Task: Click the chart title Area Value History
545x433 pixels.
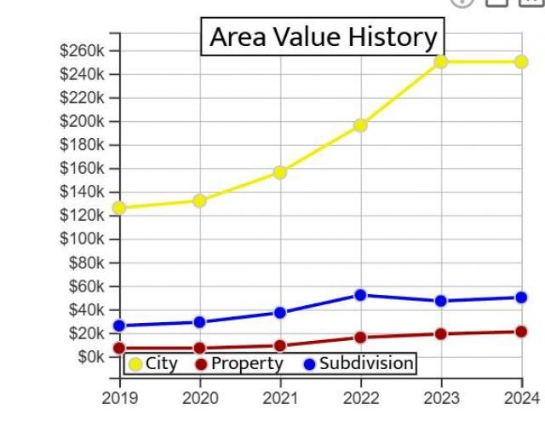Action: point(323,38)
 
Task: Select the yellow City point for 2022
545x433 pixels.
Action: point(360,125)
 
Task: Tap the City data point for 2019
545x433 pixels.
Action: point(119,207)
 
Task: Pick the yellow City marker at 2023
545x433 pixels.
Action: point(440,61)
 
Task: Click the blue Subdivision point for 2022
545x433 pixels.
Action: point(360,295)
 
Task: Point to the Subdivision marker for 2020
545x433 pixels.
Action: point(199,322)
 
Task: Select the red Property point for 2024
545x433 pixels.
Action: point(520,332)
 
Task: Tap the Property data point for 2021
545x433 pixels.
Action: point(280,346)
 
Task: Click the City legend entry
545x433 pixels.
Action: point(153,364)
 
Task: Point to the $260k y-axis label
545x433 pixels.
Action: point(82,50)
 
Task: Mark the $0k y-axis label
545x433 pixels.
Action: point(88,356)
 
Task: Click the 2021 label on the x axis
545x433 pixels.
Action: point(280,398)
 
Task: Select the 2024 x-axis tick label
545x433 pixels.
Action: point(521,398)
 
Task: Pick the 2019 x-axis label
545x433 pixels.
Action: point(119,398)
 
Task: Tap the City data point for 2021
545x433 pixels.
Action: point(280,172)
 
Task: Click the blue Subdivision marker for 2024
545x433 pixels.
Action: point(520,297)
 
